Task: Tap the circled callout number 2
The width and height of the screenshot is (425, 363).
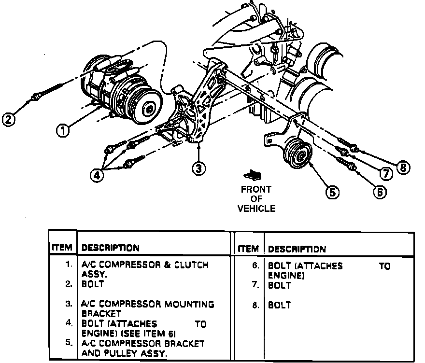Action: [8, 119]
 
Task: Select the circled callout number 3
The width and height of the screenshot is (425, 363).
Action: [198, 168]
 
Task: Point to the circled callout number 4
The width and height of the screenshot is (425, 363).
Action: [98, 176]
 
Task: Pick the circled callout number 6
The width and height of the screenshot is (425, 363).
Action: [380, 192]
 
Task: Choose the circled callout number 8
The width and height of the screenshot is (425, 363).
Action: [404, 168]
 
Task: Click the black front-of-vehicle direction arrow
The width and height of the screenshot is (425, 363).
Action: [251, 174]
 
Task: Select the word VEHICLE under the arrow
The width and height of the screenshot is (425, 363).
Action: [256, 209]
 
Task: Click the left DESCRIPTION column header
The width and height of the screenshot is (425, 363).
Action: [111, 248]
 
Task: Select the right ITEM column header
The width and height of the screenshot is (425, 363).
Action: [248, 249]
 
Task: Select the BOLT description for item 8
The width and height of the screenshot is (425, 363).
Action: [280, 305]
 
